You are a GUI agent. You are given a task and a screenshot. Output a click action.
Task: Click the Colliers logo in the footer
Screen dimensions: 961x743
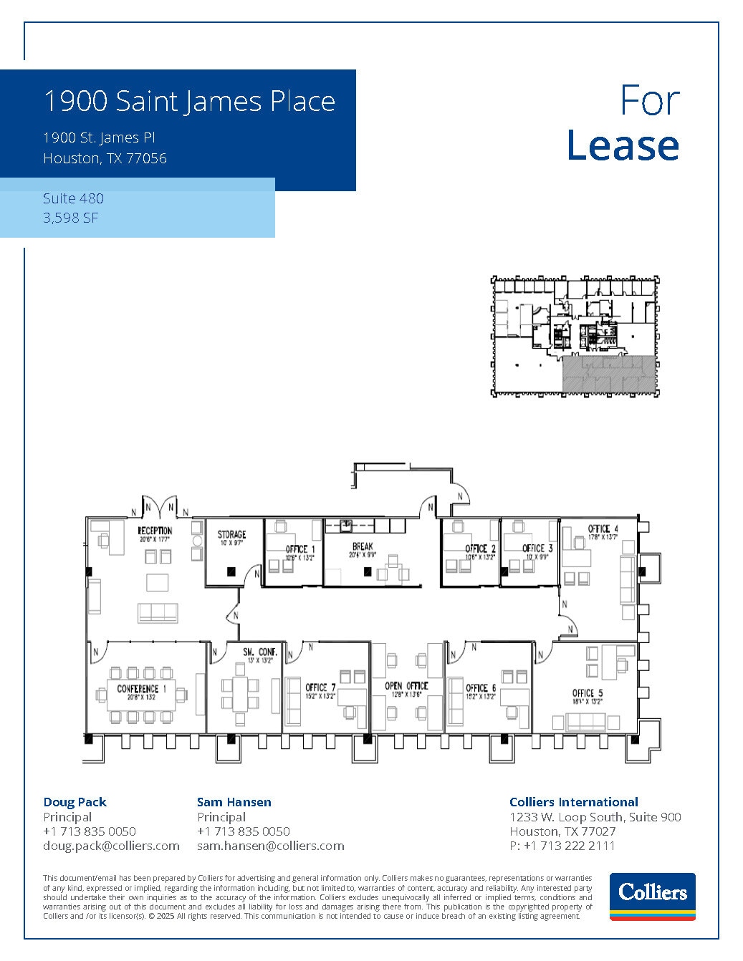652,896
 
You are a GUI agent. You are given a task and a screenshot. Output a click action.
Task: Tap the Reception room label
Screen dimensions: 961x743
155,531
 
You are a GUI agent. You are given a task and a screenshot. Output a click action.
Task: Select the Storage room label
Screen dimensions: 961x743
231,534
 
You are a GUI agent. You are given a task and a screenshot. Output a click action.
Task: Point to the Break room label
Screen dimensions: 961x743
363,546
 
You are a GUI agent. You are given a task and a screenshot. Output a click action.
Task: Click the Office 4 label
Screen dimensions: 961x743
603,529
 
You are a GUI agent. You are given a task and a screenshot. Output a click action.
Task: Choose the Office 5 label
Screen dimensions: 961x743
587,693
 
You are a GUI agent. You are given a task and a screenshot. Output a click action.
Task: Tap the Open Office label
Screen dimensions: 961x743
406,686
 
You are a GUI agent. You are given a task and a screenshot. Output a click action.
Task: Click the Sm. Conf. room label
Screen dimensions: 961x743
259,652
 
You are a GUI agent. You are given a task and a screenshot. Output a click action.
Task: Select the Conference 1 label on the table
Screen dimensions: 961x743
141,689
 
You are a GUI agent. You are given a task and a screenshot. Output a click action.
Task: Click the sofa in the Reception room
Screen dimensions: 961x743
158,612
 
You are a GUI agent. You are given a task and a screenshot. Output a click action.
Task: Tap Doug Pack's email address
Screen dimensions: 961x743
111,846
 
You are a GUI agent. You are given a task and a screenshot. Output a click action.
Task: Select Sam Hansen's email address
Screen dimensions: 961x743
270,846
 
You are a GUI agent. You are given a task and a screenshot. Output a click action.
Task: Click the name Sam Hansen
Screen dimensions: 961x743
234,802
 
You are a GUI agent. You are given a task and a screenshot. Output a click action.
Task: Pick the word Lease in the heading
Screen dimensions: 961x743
622,145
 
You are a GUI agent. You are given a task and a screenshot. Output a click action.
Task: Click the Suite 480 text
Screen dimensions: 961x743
73,198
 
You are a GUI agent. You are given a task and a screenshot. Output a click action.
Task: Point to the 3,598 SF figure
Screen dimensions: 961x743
70,218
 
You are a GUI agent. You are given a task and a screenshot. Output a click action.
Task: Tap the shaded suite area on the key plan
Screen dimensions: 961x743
608,374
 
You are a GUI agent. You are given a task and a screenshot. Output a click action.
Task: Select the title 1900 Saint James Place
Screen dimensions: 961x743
189,101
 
